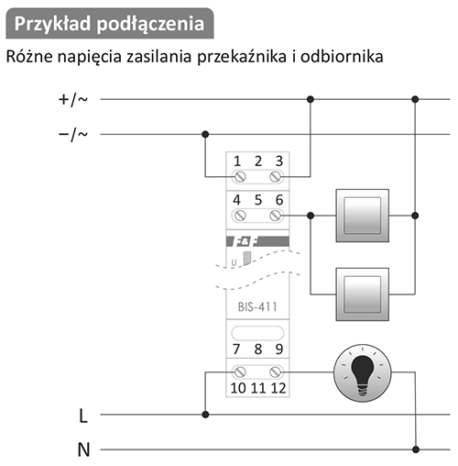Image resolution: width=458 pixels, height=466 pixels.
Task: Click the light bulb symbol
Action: point(362,372)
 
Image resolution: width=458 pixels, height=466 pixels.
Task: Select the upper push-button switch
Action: point(363,216)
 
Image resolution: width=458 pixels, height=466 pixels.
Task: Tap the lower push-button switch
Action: point(363,294)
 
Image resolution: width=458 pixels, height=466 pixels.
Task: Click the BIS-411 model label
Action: point(257,306)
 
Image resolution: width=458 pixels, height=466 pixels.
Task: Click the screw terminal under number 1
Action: point(239,177)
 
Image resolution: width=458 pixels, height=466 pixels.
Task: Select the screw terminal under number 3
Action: point(277,177)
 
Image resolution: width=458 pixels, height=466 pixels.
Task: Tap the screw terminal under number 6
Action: point(277,216)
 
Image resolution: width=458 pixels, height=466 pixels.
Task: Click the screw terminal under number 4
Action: point(239,216)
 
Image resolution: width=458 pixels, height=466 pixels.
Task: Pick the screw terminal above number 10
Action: point(239,372)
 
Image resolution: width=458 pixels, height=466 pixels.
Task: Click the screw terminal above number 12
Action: point(277,372)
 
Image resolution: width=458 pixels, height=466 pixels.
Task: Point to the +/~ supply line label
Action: point(73,100)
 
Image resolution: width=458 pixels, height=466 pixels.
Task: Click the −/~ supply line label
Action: point(73,135)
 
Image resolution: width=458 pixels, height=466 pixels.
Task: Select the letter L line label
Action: point(83,416)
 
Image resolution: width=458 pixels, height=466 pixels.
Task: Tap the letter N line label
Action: point(83,449)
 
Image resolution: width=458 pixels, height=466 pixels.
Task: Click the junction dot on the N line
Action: point(415,449)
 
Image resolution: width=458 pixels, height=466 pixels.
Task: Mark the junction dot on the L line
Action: point(205,415)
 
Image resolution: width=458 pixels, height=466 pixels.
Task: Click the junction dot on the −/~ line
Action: point(205,134)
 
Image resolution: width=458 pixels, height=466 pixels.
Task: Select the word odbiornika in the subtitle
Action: point(342,56)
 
